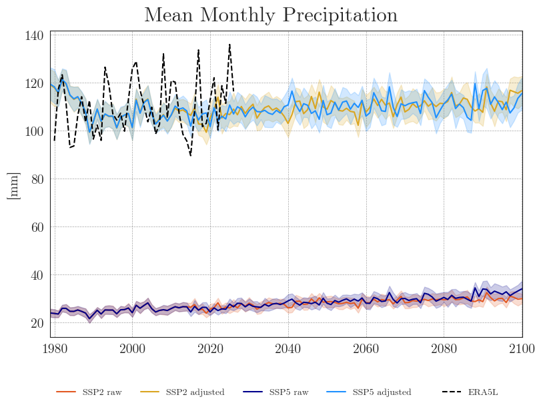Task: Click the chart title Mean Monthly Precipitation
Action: click(270, 15)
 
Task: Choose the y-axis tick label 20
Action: click(38, 324)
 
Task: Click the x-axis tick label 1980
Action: click(55, 348)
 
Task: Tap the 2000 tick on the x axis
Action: click(132, 348)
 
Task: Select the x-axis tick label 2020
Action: click(210, 348)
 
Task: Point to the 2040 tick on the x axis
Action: click(288, 348)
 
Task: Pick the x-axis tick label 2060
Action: click(366, 348)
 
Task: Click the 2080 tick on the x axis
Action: click(444, 348)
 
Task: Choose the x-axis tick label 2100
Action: click(522, 348)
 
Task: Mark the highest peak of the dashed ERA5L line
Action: click(229, 45)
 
